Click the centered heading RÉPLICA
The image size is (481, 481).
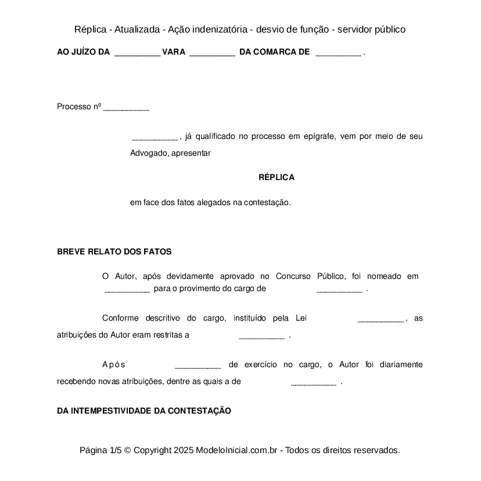click(276, 177)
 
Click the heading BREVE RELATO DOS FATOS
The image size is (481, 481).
click(114, 252)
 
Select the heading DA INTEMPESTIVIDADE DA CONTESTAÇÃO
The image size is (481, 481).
click(144, 411)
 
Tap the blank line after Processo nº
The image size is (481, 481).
click(126, 109)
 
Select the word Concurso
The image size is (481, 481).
click(293, 276)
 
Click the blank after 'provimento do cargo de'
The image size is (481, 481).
click(339, 290)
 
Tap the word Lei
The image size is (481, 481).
click(301, 318)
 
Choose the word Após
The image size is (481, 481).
click(114, 364)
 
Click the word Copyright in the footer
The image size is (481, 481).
click(152, 450)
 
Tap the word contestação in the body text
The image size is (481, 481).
click(267, 203)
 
